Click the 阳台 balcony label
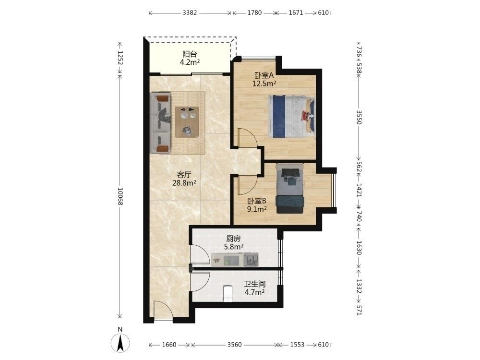coord(190,54)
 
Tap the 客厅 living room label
coord(184,175)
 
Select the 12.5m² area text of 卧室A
coord(264,83)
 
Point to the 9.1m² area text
coord(257,209)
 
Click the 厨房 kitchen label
coord(234,239)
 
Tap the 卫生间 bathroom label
coord(255,284)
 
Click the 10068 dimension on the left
coord(120,196)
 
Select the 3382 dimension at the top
coord(190,13)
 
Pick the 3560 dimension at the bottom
coord(235,345)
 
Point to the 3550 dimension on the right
coord(359,118)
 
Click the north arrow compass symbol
coord(120,342)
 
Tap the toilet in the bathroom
coord(228,294)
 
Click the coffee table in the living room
coord(187,122)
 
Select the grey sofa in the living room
coord(160,123)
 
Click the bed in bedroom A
coord(292,116)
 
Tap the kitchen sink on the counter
coord(251,260)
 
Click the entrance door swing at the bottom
coord(163,310)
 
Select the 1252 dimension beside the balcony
coord(120,58)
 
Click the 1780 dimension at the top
coord(254,13)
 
